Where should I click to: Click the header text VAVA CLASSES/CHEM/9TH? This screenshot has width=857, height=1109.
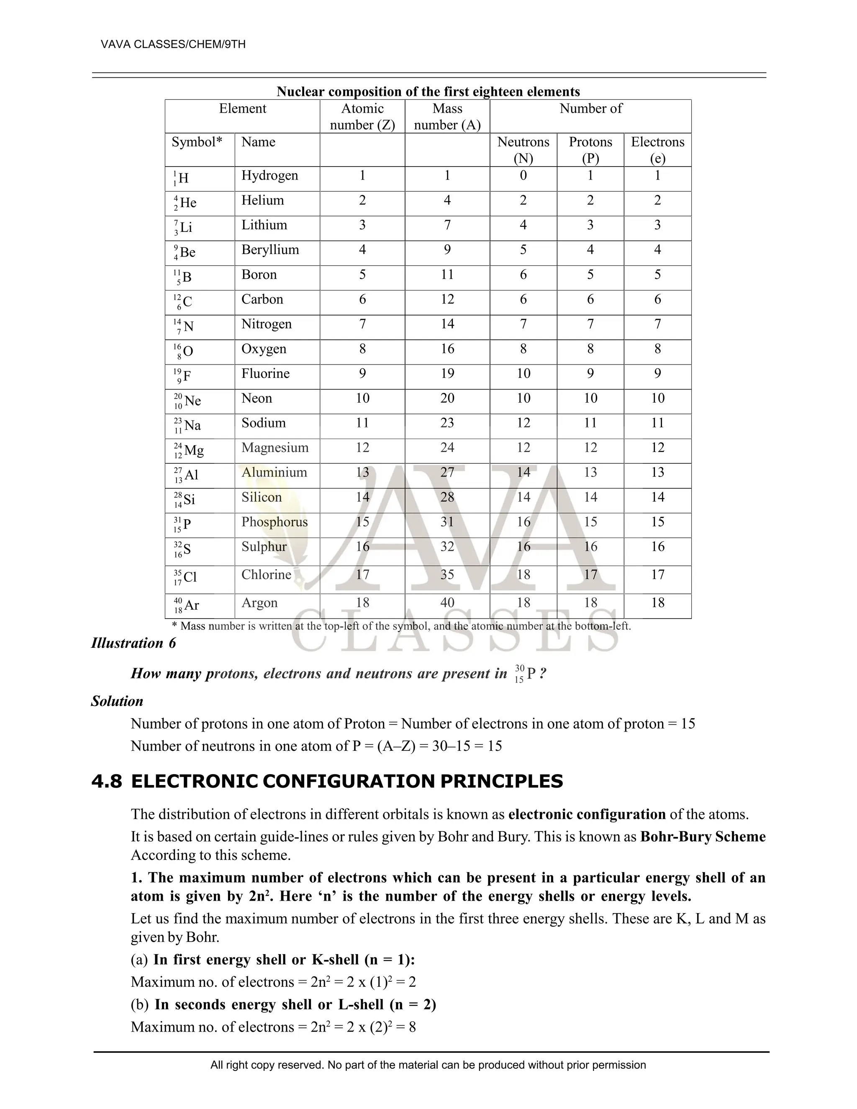tap(173, 44)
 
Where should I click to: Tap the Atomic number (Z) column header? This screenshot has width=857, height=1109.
tap(362, 116)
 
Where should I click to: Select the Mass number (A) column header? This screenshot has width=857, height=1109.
tap(447, 116)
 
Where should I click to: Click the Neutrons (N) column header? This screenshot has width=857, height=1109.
tap(523, 150)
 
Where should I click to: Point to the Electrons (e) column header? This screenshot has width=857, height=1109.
tap(657, 150)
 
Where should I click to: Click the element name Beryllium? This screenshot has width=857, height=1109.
tap(270, 250)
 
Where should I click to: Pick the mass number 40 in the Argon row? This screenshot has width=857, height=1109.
tap(447, 603)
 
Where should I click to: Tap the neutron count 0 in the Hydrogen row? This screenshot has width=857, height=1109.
tap(523, 176)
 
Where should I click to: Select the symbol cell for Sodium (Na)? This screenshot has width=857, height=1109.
tap(188, 426)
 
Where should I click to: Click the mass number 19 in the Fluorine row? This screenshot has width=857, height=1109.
tap(447, 374)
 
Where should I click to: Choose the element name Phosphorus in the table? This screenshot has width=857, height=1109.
tap(274, 522)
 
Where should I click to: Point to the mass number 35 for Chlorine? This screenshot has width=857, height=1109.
tap(447, 575)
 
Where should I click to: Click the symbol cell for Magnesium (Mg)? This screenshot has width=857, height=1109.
tap(189, 450)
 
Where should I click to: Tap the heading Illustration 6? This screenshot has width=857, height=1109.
tap(133, 643)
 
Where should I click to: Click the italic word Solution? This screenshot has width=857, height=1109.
tap(117, 701)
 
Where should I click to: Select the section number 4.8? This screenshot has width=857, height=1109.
tap(107, 781)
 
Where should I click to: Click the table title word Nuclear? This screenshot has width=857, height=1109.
tap(300, 92)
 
